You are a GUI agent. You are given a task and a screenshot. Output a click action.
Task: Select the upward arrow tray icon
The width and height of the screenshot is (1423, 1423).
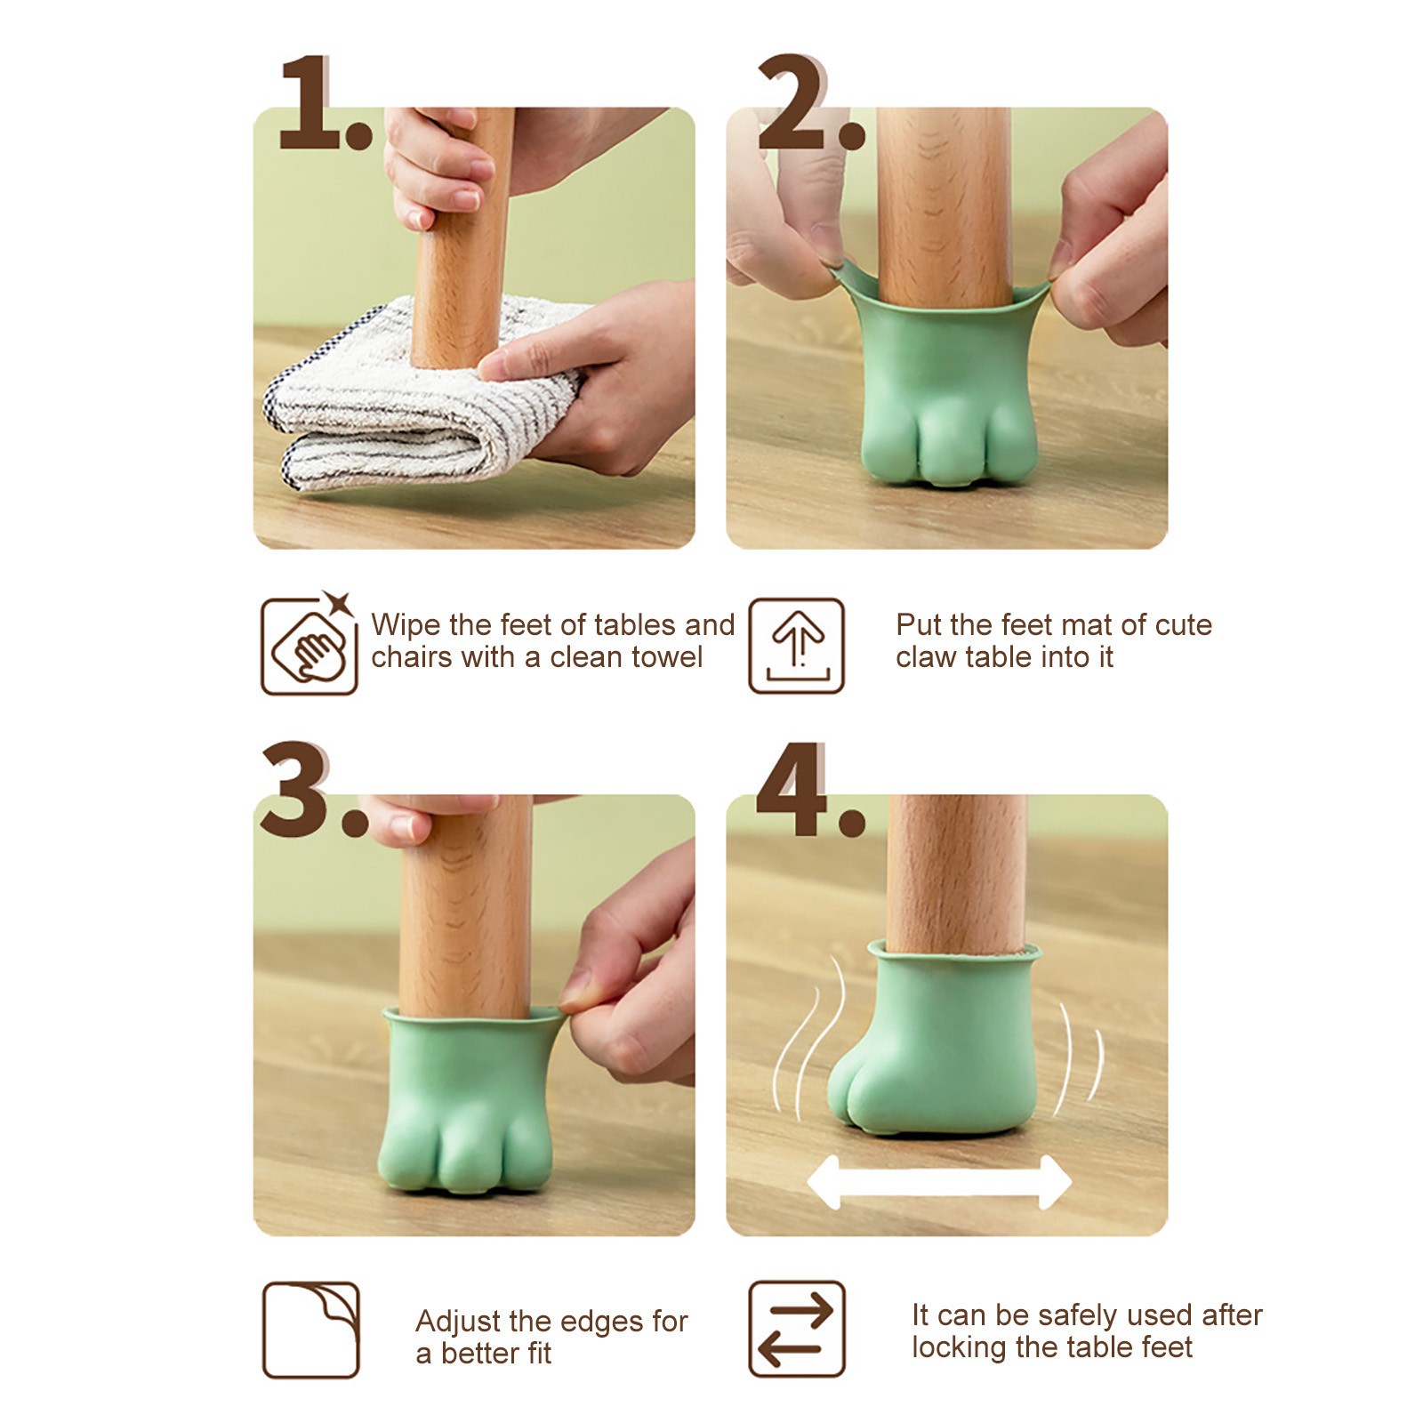click(796, 646)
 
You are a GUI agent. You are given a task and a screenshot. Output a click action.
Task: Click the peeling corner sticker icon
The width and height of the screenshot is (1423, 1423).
click(310, 1331)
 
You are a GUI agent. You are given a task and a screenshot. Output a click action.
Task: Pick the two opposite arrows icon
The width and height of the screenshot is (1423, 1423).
click(796, 1330)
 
